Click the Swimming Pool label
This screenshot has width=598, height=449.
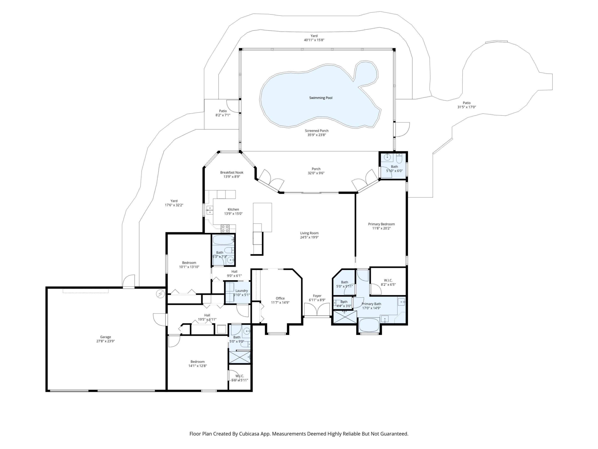[x=321, y=98]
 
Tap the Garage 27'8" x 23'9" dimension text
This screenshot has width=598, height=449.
[x=105, y=341]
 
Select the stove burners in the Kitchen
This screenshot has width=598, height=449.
[x=225, y=228]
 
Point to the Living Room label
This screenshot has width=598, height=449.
[x=309, y=233]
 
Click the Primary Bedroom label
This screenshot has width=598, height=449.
[x=381, y=224]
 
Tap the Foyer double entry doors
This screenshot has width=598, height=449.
[x=317, y=310]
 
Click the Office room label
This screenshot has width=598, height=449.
[x=280, y=298]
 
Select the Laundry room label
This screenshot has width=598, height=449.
[x=241, y=291]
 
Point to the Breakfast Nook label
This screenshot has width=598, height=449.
[x=232, y=172]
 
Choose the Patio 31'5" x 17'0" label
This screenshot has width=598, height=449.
[x=466, y=105]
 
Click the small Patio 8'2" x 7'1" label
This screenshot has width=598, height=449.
[x=223, y=113]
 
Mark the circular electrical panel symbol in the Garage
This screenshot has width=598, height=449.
[x=160, y=294]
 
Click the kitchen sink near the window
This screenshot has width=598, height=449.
[x=210, y=210]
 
